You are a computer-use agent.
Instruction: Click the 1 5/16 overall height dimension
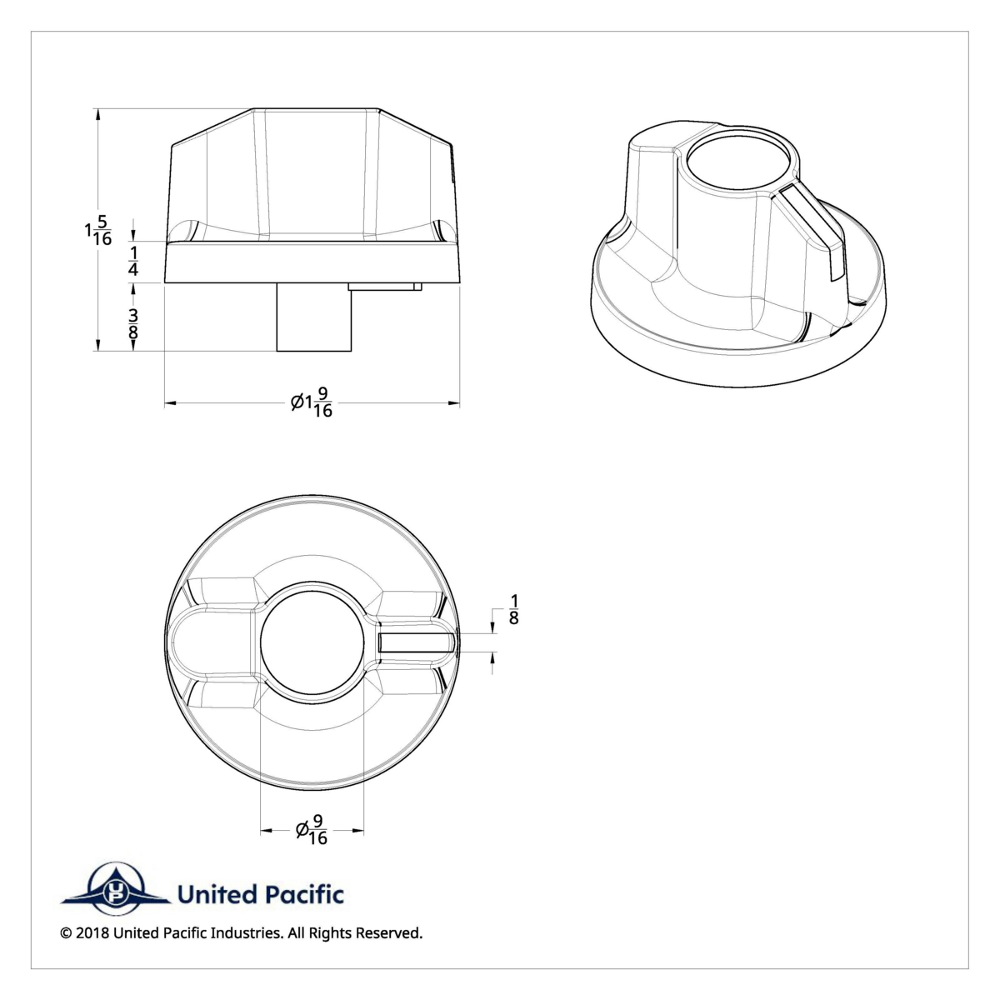coord(97,231)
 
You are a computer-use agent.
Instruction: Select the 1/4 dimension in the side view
coord(133,261)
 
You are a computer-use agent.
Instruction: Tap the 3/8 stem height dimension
coord(133,325)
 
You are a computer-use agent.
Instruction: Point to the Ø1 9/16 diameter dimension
coord(312,404)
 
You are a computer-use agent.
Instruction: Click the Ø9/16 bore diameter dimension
coord(312,830)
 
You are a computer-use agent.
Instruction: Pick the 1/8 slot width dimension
coord(513,609)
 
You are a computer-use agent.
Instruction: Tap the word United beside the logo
coord(213,896)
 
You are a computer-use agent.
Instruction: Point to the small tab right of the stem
coord(385,287)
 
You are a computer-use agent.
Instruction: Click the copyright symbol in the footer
coord(66,933)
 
